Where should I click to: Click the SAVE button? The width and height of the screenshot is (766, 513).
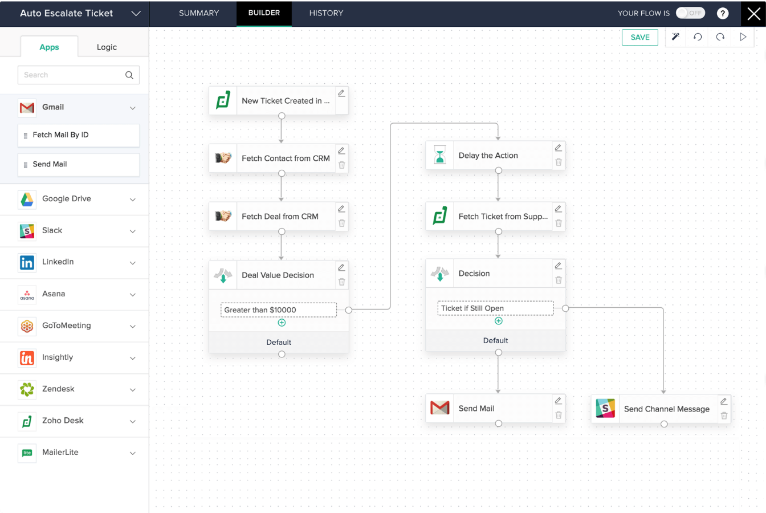click(639, 37)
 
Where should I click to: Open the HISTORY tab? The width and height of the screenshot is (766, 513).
click(326, 13)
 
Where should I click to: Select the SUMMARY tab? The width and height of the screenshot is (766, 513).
click(198, 13)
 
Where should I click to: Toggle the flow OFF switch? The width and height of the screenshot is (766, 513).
click(690, 13)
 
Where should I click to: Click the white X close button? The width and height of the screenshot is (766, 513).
click(753, 14)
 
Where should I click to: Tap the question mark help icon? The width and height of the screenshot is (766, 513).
click(722, 13)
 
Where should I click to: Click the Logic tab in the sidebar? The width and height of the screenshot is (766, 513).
click(107, 47)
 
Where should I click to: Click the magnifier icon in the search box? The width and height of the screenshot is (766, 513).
click(129, 75)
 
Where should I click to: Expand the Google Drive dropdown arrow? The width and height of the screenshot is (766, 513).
click(133, 199)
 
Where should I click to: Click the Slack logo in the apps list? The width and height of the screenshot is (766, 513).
click(27, 230)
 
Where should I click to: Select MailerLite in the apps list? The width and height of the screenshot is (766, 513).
click(60, 453)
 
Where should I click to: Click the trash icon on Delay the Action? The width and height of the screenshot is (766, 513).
click(559, 162)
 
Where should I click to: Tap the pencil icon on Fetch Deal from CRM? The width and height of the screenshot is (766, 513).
click(341, 209)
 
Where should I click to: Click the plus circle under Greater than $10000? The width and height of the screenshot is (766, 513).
click(282, 323)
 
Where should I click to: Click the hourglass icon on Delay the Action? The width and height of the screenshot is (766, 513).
click(439, 155)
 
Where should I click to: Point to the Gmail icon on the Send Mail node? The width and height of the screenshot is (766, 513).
click(439, 408)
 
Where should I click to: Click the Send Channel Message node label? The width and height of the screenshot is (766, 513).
click(666, 409)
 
